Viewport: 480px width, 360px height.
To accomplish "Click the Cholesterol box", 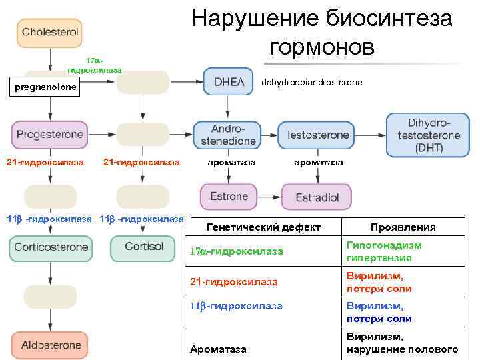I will click(x=50, y=32).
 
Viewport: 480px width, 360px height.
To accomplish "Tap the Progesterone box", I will click(x=49, y=135).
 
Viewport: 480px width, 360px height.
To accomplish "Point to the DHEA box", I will click(x=228, y=81).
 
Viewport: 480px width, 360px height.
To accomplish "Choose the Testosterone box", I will click(x=317, y=135).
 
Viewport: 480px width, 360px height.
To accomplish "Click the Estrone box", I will click(x=228, y=197).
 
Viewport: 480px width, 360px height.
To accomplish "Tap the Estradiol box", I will click(x=317, y=197).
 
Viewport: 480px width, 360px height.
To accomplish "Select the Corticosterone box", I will click(x=51, y=247).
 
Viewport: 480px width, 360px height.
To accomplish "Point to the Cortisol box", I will click(x=143, y=247).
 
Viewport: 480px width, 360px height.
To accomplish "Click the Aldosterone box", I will click(x=51, y=345).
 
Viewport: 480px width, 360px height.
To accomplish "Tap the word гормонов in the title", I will click(x=322, y=47).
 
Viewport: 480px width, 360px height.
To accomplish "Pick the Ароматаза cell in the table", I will click(x=217, y=349).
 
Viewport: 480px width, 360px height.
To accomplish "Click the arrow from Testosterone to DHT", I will click(x=371, y=135).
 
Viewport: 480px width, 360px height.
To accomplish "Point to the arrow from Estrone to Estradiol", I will click(x=267, y=197).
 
